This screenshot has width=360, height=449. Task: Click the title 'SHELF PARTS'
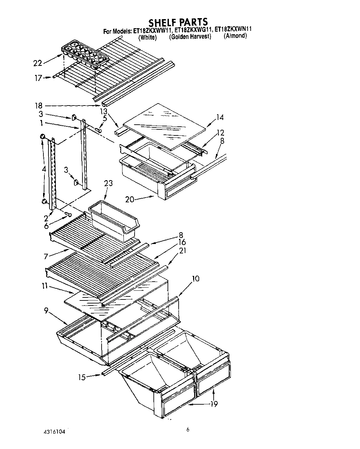(x=178, y=22)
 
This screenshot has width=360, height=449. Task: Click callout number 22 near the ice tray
(x=38, y=63)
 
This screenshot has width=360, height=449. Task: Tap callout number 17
(x=38, y=78)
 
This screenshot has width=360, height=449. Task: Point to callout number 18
(x=39, y=106)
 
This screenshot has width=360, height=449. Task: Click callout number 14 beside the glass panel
(x=220, y=117)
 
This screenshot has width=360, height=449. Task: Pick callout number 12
(x=220, y=132)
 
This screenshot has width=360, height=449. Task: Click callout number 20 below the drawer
(x=130, y=199)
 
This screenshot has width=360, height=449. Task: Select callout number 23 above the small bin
(x=108, y=183)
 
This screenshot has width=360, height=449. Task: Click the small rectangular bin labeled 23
(x=113, y=220)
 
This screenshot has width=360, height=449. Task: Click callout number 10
(x=195, y=279)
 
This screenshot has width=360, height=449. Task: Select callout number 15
(x=82, y=377)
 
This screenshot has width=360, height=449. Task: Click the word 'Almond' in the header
(x=235, y=36)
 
